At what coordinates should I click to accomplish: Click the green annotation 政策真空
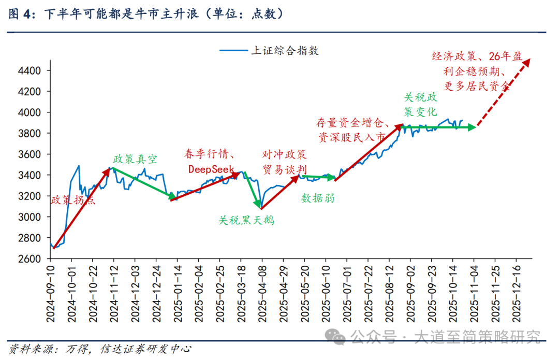pyautogui.click(x=135, y=159)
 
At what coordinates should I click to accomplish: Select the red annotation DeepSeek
pyautogui.click(x=210, y=169)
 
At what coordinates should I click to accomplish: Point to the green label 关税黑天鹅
pyautogui.click(x=246, y=220)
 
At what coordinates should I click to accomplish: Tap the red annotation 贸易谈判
pyautogui.click(x=284, y=169)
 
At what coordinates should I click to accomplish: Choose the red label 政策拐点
pyautogui.click(x=73, y=200)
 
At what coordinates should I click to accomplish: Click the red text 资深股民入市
pyautogui.click(x=351, y=137)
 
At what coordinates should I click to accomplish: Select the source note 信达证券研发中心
pyautogui.click(x=146, y=349)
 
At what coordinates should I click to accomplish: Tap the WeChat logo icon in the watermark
pyautogui.click(x=338, y=337)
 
